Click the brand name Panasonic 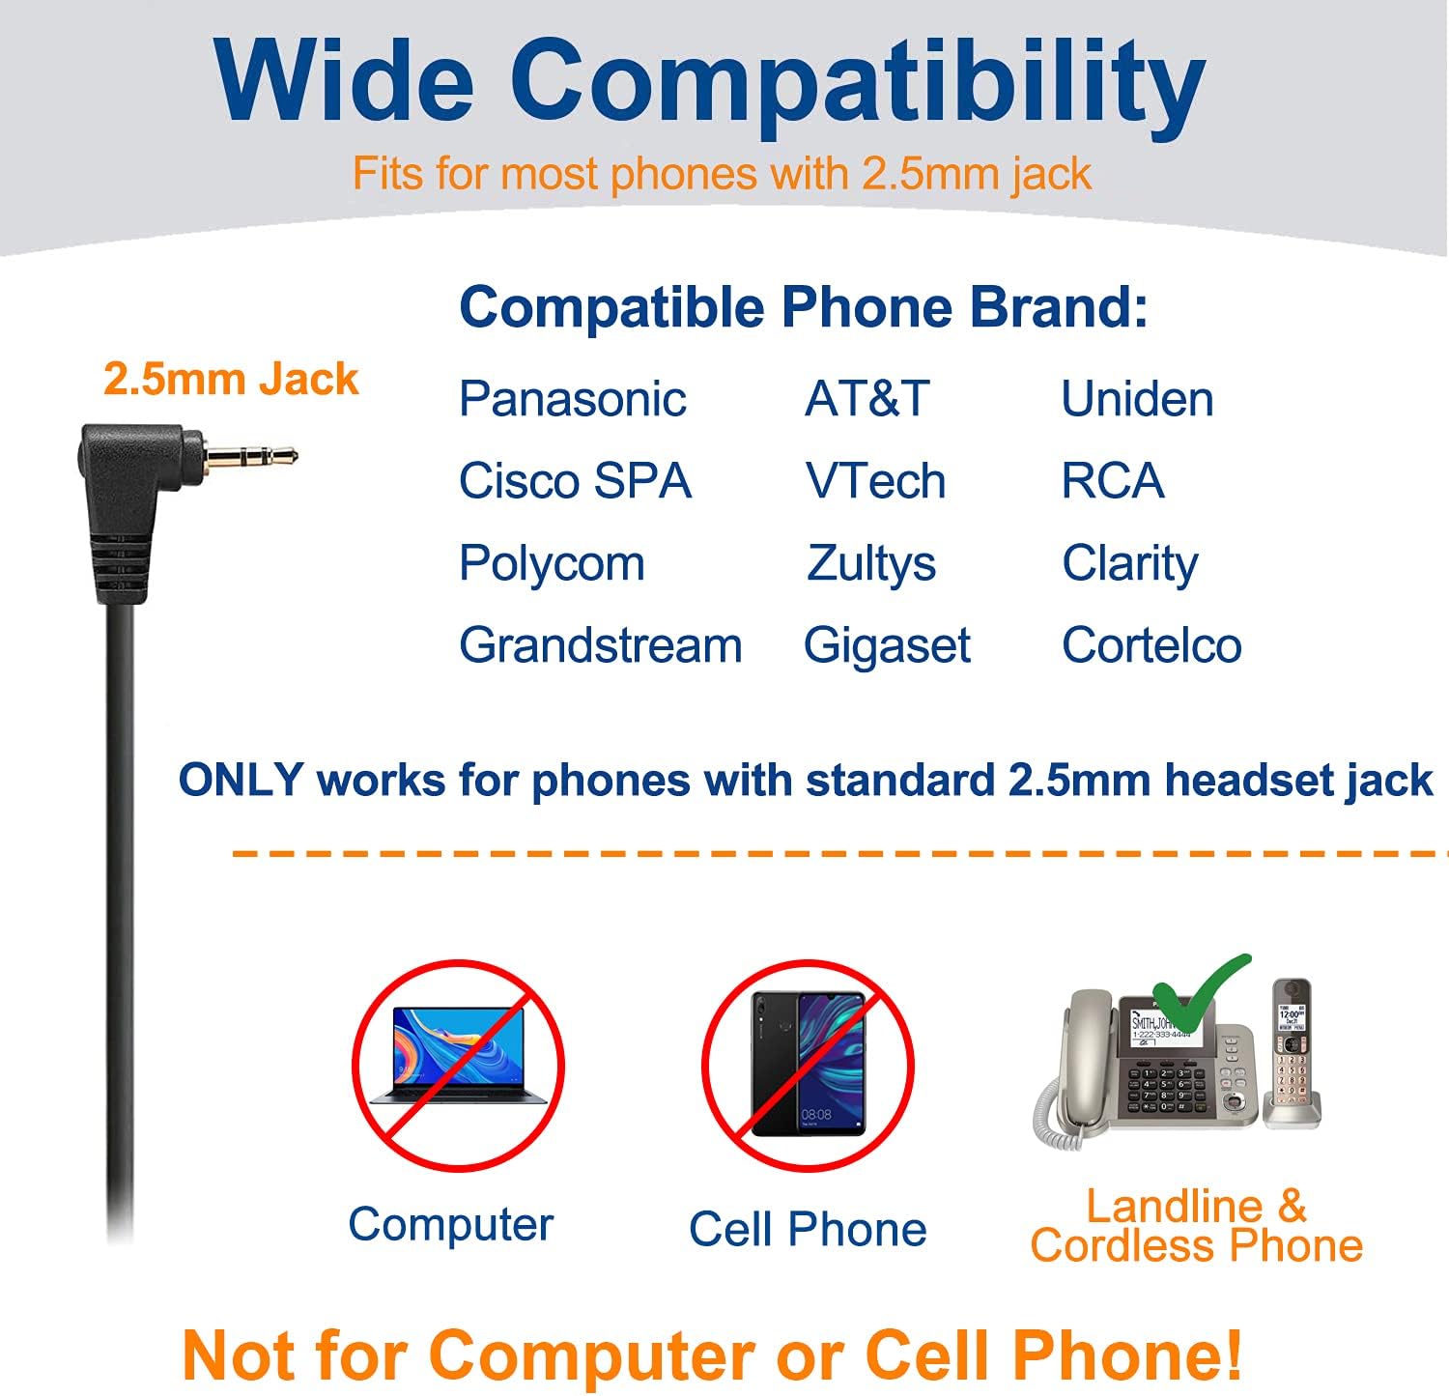(x=572, y=399)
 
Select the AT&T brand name (x=867, y=399)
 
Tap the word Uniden (x=1137, y=399)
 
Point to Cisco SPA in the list (x=575, y=481)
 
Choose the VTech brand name (x=875, y=481)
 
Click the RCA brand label (x=1113, y=481)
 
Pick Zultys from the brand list (x=871, y=563)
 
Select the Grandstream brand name (x=600, y=645)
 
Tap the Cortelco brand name (x=1151, y=645)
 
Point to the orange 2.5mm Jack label (x=230, y=379)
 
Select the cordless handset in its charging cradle (x=1293, y=1053)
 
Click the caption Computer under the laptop (x=450, y=1224)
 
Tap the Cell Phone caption (x=808, y=1230)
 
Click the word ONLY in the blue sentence (x=241, y=780)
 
